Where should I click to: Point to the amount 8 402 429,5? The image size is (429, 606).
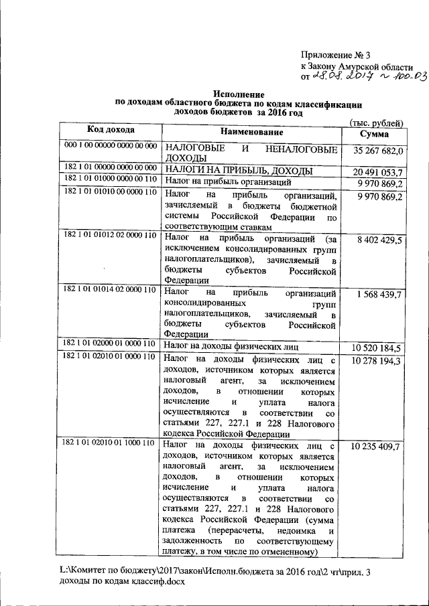[380, 239]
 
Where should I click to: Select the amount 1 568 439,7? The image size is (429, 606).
[380, 294]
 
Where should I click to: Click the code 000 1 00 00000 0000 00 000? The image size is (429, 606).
[110, 145]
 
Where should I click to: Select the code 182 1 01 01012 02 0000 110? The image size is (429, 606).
[110, 236]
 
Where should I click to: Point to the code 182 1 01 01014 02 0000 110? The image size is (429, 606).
[110, 290]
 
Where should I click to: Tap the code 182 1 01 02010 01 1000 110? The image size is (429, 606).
[110, 443]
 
